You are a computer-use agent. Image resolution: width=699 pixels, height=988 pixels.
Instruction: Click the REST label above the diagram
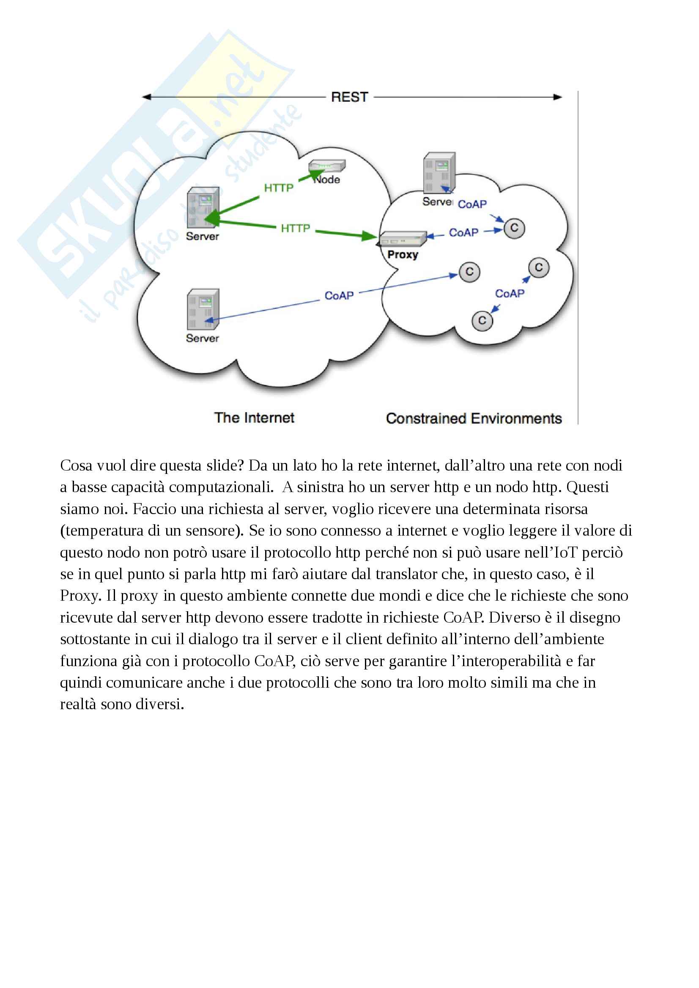pos(349,97)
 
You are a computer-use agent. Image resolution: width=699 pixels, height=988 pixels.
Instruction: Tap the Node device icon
pos(327,166)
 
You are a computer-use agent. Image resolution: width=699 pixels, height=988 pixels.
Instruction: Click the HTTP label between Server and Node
pos(279,188)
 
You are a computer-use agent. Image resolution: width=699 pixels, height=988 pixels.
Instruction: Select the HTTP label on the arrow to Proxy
pos(296,228)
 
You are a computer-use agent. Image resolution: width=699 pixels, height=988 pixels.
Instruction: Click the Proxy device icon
pos(403,238)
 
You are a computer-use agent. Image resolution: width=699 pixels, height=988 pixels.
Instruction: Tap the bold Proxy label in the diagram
pos(403,255)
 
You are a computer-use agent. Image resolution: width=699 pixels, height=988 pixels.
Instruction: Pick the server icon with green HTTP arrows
pos(203,207)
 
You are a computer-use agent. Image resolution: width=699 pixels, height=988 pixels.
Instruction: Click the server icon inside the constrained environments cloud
pos(439,172)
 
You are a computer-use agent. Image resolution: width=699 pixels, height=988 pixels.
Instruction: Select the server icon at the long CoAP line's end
pos(203,309)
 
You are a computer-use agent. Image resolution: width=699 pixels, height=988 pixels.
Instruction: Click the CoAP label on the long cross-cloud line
pos(339,296)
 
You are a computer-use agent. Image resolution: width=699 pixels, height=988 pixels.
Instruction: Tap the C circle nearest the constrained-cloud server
pos(514,228)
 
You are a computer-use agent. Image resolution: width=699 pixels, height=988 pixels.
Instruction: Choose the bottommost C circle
pos(482,321)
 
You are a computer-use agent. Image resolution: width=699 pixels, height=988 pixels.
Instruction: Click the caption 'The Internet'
pos(254,417)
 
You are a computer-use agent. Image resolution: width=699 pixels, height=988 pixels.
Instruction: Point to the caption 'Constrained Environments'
pos(474,418)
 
